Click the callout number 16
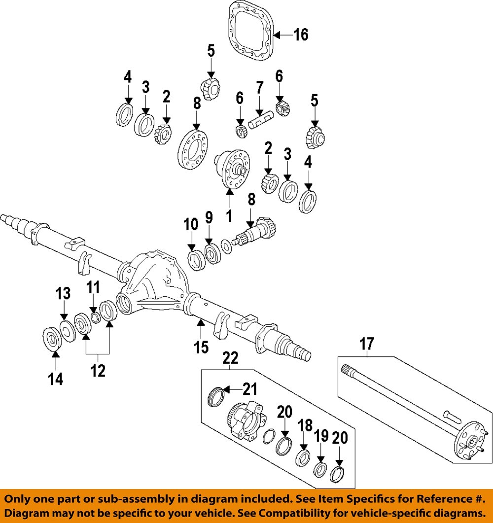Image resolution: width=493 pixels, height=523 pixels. pyautogui.click(x=301, y=35)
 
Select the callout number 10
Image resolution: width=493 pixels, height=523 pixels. pyautogui.click(x=191, y=225)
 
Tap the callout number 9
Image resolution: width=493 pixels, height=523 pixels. pyautogui.click(x=209, y=217)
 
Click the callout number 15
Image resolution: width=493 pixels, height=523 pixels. pyautogui.click(x=201, y=347)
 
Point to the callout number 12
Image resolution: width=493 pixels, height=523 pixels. pyautogui.click(x=98, y=371)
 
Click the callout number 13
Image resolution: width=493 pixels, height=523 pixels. pyautogui.click(x=63, y=294)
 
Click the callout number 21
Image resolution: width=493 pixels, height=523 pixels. pyautogui.click(x=250, y=390)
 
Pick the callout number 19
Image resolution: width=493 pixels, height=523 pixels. pyautogui.click(x=321, y=435)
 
